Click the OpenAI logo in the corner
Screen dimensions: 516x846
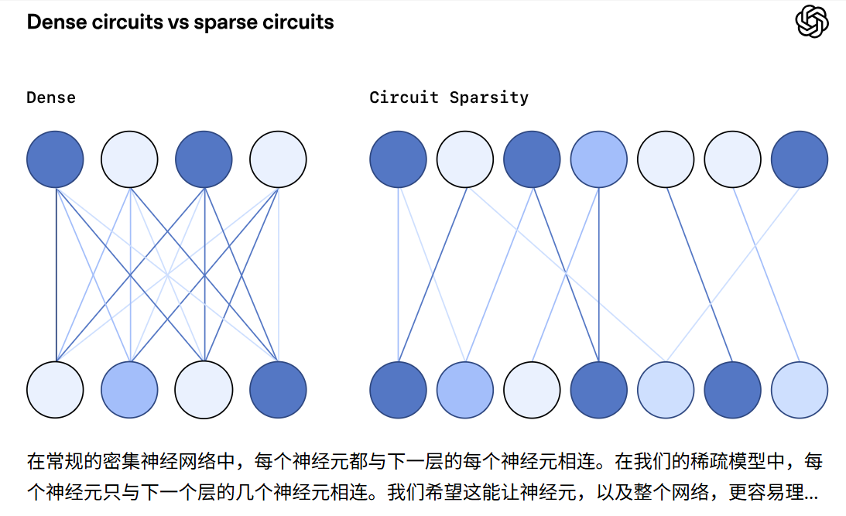coord(812,22)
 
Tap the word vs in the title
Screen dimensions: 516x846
coord(176,22)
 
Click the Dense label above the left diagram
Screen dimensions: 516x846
coord(51,97)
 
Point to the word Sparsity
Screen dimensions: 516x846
coord(489,97)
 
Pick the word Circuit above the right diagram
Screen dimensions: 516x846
coord(405,97)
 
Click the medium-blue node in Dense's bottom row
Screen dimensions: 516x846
coord(130,389)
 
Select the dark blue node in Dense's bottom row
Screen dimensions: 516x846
coord(279,389)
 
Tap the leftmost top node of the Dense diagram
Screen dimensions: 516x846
coord(56,159)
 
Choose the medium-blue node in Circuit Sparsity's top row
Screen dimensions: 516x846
coord(599,159)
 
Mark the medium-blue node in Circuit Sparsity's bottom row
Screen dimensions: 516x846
coord(465,389)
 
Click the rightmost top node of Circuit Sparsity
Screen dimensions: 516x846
coord(800,159)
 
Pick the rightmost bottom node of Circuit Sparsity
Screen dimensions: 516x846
coord(800,389)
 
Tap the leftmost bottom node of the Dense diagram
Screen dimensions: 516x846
coord(56,389)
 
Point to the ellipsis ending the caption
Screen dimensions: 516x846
coord(812,492)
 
